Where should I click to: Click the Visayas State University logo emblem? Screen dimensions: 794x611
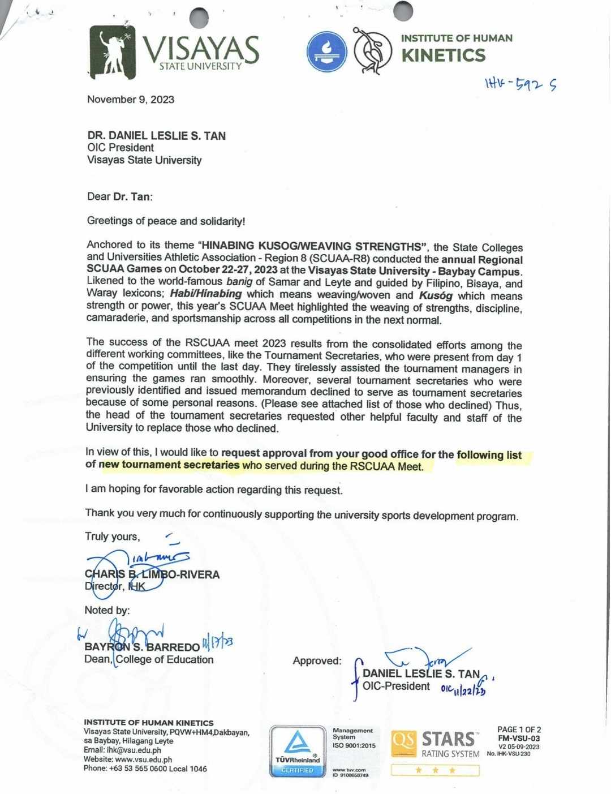(113, 51)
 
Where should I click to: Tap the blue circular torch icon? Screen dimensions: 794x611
(326, 51)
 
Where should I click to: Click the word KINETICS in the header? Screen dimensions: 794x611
(444, 55)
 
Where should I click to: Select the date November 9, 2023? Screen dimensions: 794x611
(131, 100)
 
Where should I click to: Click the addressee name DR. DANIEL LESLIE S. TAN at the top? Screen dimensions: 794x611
(156, 136)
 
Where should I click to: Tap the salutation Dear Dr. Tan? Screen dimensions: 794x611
(119, 197)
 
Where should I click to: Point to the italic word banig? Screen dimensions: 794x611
(239, 281)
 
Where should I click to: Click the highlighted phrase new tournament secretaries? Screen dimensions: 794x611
(169, 465)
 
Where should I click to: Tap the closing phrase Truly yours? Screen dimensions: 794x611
(112, 537)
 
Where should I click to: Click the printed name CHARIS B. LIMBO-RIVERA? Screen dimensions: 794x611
(152, 574)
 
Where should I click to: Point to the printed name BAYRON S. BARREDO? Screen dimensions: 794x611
(142, 647)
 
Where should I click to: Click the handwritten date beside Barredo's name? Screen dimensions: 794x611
(218, 643)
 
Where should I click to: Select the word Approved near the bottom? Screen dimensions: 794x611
(317, 660)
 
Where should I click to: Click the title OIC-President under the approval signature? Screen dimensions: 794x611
(396, 686)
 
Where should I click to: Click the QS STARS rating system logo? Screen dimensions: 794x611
(435, 744)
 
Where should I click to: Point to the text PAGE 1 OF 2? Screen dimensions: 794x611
(519, 729)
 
